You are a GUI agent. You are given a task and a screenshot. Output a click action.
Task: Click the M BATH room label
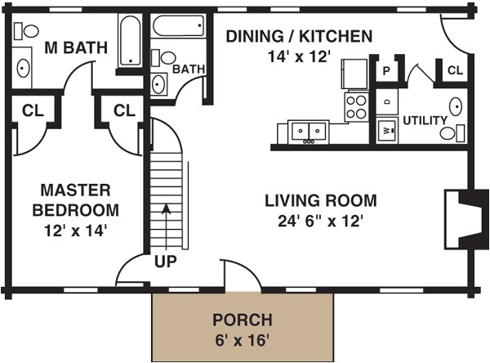pos(76,47)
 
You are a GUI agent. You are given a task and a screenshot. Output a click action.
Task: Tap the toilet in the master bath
pos(26,31)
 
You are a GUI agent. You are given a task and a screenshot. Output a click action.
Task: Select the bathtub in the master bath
pos(131,41)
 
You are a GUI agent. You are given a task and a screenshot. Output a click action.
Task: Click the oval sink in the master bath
pos(24,68)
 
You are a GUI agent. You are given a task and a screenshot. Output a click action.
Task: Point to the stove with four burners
pos(357,107)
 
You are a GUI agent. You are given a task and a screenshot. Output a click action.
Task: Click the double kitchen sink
pos(309,132)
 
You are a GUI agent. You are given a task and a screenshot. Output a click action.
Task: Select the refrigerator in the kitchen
pos(354,74)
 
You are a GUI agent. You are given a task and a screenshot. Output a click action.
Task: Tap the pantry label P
pos(386,71)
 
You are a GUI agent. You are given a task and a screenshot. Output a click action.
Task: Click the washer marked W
pos(387,130)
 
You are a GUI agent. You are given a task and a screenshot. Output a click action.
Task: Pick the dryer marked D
pos(387,101)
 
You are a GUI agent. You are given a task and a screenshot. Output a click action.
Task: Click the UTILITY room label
pos(425,120)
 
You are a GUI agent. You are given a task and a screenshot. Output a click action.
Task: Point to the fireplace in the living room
pos(466,219)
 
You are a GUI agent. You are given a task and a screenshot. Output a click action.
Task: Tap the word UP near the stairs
pos(165,262)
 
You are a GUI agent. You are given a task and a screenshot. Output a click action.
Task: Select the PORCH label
pos(243,320)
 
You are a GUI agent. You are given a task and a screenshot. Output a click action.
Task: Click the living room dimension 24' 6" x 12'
pos(320,222)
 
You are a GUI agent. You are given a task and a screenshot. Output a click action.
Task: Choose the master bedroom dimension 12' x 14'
pos(76,231)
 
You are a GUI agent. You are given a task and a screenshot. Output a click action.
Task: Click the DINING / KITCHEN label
pos(299,36)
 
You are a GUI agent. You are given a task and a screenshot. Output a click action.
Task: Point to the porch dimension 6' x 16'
pos(243,340)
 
